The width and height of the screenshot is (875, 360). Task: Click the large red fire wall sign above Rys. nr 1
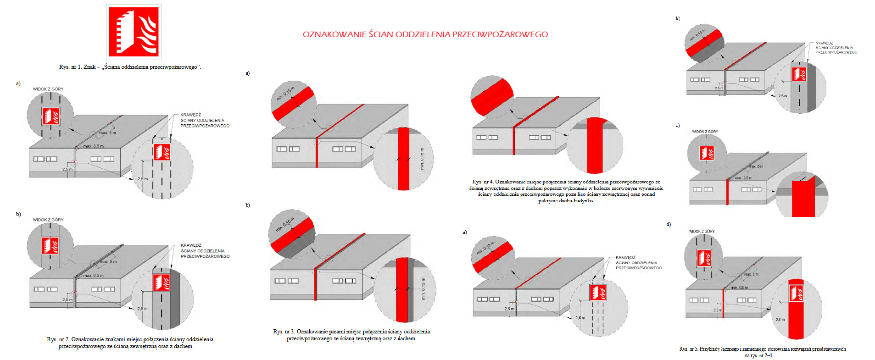[x=134, y=32]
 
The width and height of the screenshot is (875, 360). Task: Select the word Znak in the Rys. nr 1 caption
[x=89, y=67]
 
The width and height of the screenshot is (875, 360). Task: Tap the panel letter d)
[x=669, y=224]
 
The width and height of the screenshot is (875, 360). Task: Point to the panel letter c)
[x=677, y=126]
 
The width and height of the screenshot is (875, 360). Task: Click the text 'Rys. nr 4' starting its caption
[x=483, y=182]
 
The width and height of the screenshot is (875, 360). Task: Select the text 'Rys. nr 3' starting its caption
[x=284, y=332]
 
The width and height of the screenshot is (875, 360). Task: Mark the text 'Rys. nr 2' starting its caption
[x=58, y=339]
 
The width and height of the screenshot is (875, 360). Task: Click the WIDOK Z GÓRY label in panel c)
[x=705, y=132]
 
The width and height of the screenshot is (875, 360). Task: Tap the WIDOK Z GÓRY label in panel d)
[x=702, y=231]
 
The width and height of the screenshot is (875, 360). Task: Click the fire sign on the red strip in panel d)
[x=796, y=294]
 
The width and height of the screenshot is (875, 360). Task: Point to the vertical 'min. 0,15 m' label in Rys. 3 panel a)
[x=422, y=159]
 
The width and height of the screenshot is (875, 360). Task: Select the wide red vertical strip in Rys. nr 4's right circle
[x=595, y=146]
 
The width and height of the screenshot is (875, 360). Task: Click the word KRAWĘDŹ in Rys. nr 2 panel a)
[x=190, y=115]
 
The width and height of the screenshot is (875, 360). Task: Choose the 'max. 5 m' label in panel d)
[x=751, y=274]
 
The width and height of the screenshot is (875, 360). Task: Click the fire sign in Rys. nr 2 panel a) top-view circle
[x=50, y=116]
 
